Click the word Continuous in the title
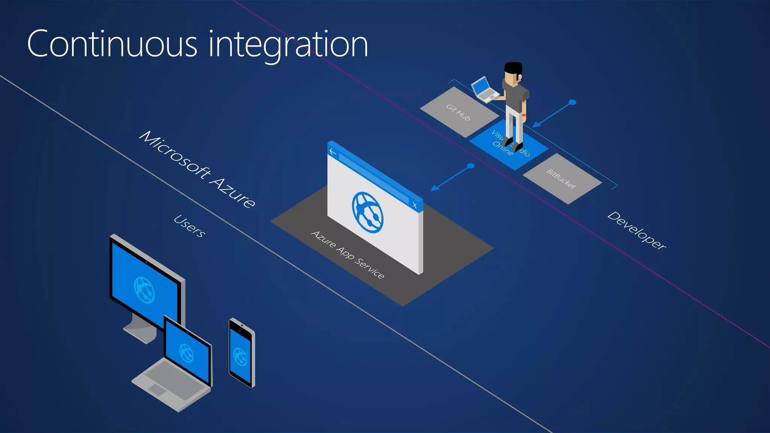coord(112,44)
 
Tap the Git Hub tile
coord(458,112)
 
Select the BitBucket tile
coord(562,179)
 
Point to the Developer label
coord(637,230)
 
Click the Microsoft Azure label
coord(197,169)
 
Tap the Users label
coord(189,226)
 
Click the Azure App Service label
coord(348,255)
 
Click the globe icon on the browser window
coord(367,212)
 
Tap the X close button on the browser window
coord(414,205)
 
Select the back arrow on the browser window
coord(332,152)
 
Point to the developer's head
coord(512,74)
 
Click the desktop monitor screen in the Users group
coord(144,288)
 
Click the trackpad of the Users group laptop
coord(157,389)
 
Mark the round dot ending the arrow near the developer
coord(572,102)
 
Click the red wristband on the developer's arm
coord(524,115)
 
